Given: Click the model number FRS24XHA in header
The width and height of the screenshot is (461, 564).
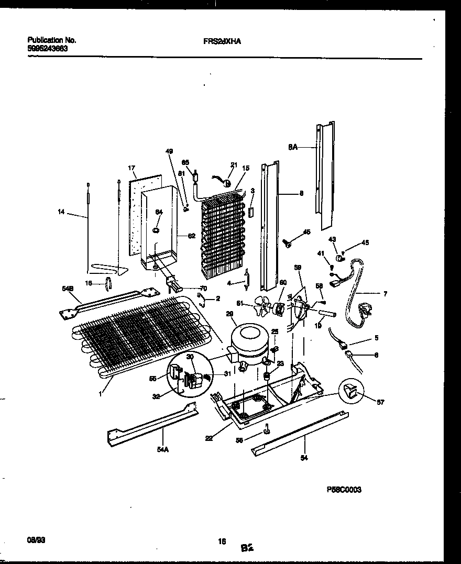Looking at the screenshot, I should pyautogui.click(x=222, y=40).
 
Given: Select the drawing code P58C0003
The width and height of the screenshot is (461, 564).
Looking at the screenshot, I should pyautogui.click(x=344, y=490).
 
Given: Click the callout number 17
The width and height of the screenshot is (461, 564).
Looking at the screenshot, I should pyautogui.click(x=131, y=168).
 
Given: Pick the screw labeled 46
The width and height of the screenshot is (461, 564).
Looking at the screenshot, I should pyautogui.click(x=288, y=243).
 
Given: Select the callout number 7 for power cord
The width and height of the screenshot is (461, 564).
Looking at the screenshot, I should pyautogui.click(x=385, y=294).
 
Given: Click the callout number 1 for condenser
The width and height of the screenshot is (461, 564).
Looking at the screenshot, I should pyautogui.click(x=100, y=392).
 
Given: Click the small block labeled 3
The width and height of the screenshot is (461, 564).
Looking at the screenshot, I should pyautogui.click(x=251, y=212).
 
